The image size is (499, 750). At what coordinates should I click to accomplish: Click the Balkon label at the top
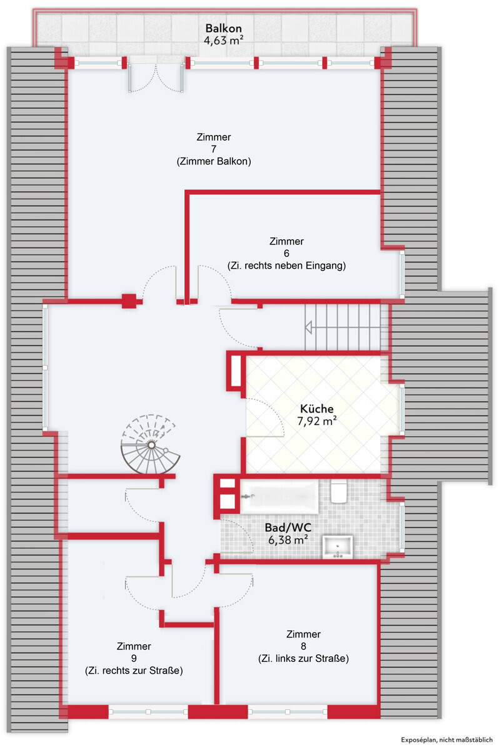click(x=223, y=28)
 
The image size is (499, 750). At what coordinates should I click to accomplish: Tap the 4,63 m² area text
click(x=223, y=41)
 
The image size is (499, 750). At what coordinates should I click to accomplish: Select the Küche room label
click(x=317, y=409)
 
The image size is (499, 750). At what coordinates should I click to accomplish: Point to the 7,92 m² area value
click(x=317, y=421)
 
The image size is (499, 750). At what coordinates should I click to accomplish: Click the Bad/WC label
click(x=288, y=527)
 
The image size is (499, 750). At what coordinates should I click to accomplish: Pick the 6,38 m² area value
click(x=288, y=540)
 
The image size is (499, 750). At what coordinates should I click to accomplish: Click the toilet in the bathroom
click(x=338, y=491)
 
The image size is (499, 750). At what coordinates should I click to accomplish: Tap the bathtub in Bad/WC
click(x=280, y=496)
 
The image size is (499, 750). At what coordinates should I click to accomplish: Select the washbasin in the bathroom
click(x=338, y=547)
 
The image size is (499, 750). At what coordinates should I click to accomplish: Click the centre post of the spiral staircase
click(x=151, y=445)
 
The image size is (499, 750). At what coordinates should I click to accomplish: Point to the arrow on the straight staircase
click(x=308, y=327)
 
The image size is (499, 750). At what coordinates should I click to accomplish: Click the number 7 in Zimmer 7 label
click(x=214, y=149)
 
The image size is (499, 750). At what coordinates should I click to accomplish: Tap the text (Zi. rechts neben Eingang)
click(x=286, y=266)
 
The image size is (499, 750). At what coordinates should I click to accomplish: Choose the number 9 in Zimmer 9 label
click(x=134, y=658)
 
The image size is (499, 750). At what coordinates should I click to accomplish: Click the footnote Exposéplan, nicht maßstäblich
click(x=446, y=739)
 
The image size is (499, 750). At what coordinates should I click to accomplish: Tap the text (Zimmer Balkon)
click(x=214, y=161)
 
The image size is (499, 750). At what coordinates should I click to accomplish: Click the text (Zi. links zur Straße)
click(x=303, y=659)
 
